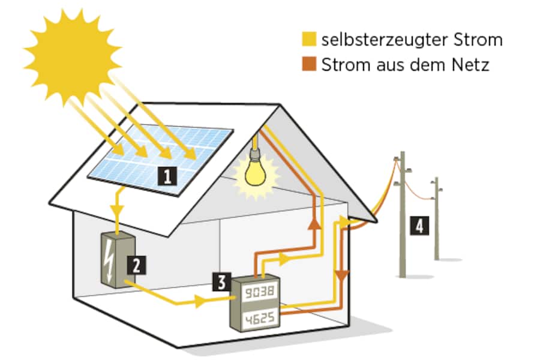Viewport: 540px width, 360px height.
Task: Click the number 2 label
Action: [x=136, y=265]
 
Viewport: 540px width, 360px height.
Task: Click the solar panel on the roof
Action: [x=161, y=155]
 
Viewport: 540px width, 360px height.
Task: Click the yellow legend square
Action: [x=309, y=40]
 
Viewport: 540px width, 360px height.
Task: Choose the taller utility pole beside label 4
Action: [x=401, y=216]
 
